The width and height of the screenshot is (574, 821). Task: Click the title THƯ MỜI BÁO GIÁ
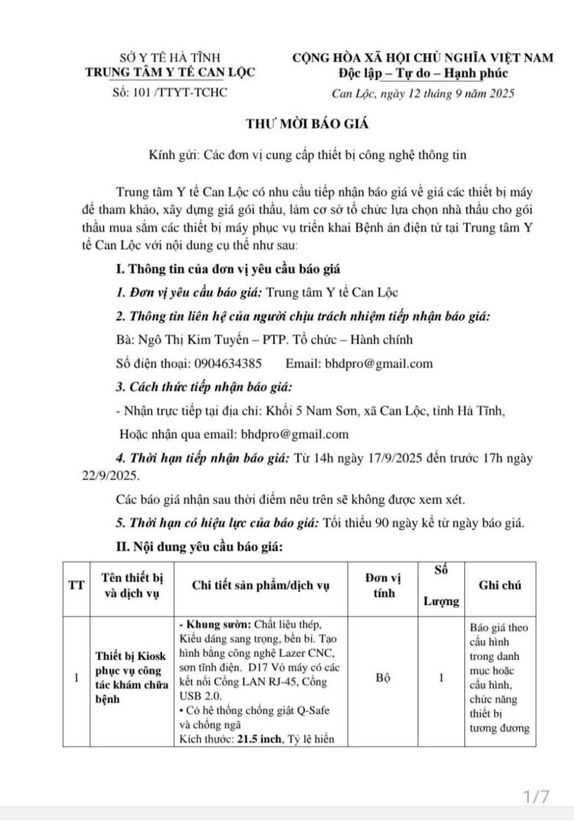coord(307,124)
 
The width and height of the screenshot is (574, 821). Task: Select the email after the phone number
coord(378,364)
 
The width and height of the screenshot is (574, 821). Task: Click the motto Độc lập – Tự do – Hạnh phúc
coord(423,73)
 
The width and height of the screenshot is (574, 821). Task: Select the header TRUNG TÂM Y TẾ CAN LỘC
coord(170,72)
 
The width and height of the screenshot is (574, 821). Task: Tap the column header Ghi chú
coord(500,585)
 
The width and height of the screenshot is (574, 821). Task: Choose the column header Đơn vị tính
coord(383,585)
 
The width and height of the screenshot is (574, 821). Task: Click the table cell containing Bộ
coord(383,678)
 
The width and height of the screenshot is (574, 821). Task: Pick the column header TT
coord(76,585)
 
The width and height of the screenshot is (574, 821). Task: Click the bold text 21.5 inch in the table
coord(259,739)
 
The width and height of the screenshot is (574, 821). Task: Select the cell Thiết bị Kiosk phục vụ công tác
coord(131,678)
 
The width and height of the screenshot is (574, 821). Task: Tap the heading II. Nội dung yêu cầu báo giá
coord(199,547)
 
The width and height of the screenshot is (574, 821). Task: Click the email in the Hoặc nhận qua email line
coord(295,435)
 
